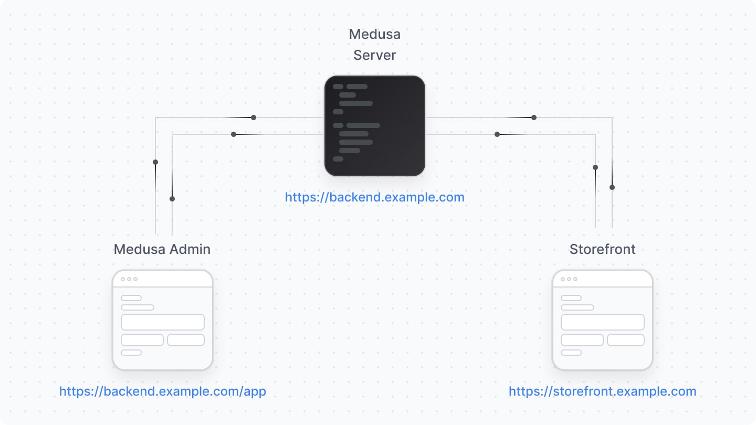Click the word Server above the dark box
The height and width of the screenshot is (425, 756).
374,55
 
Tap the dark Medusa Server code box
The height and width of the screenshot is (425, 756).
374,126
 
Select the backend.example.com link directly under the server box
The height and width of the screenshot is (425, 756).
374,197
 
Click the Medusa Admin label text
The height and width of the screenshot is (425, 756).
162,249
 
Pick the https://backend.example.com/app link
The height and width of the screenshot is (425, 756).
162,391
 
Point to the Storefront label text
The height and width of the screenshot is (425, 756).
602,249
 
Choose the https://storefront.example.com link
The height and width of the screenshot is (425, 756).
602,391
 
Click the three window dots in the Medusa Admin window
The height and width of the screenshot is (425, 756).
129,279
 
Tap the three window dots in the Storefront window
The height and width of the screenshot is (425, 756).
569,279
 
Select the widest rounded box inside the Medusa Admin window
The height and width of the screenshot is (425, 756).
163,322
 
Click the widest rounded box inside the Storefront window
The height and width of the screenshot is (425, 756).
602,322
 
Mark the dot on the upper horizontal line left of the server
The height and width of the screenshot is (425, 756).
254,118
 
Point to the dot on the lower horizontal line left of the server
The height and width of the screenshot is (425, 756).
234,134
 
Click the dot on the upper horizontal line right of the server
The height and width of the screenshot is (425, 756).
534,118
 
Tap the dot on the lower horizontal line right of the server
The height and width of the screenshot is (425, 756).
497,134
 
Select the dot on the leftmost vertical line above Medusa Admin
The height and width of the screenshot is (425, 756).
155,162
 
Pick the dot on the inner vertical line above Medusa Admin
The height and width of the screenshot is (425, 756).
172,199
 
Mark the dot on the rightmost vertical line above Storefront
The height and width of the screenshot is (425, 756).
612,187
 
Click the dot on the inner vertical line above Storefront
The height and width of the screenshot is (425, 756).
595,167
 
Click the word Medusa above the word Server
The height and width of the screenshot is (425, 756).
374,35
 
